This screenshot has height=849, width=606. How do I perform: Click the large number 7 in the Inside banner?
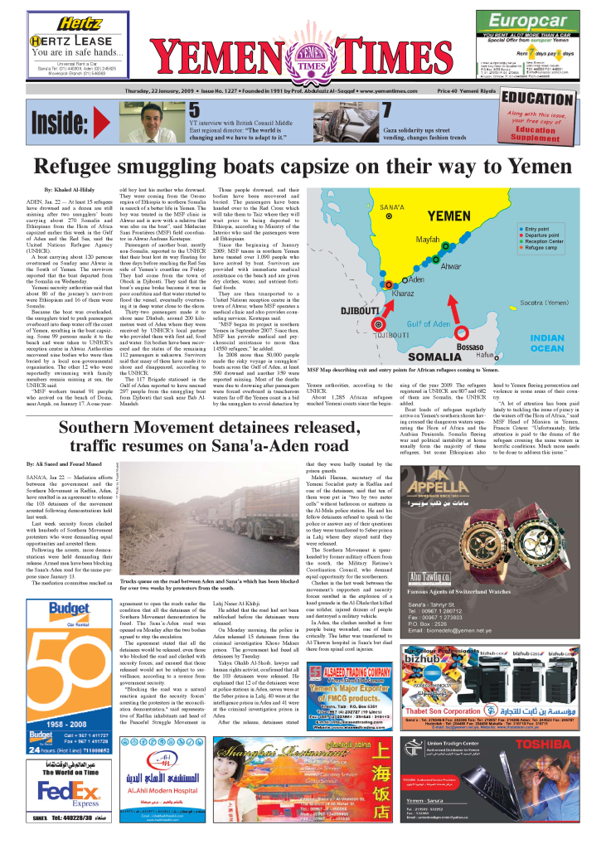pos(386,110)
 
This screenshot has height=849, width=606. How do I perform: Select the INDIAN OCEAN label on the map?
pos(546,343)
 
